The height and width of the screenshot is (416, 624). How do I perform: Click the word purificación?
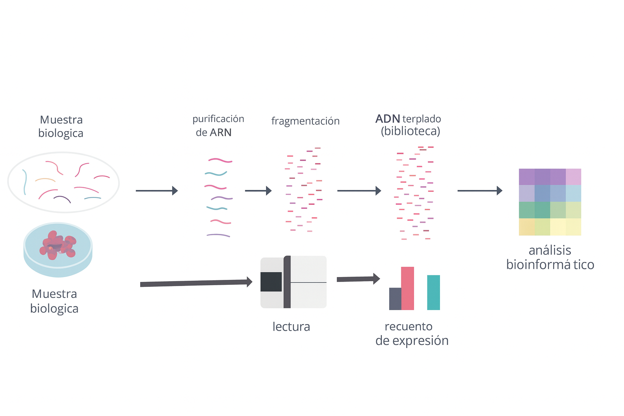pyautogui.click(x=218, y=119)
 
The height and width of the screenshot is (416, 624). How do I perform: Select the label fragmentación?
pyautogui.click(x=305, y=121)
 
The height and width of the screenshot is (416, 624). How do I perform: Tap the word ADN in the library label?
pyautogui.click(x=388, y=119)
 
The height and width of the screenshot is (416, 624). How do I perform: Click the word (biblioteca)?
pyautogui.click(x=410, y=131)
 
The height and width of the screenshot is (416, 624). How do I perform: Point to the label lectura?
pyautogui.click(x=291, y=327)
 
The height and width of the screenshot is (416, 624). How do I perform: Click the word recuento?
pyautogui.click(x=408, y=327)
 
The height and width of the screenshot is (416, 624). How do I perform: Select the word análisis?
pyautogui.click(x=550, y=250)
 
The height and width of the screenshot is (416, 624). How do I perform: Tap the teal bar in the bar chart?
pyautogui.click(x=433, y=292)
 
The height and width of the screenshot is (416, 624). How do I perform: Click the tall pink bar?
pyautogui.click(x=407, y=288)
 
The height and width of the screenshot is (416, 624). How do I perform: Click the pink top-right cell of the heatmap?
pyautogui.click(x=573, y=177)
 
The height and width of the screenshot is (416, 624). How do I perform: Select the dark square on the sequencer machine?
pyautogui.click(x=271, y=282)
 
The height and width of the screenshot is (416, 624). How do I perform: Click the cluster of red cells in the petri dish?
pyautogui.click(x=58, y=245)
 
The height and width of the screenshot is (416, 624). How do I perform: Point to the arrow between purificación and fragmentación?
pyautogui.click(x=258, y=191)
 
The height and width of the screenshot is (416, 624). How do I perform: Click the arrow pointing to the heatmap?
pyautogui.click(x=479, y=191)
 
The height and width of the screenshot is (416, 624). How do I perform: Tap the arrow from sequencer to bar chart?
pyautogui.click(x=358, y=279)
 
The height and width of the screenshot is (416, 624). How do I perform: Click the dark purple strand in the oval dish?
pyautogui.click(x=62, y=199)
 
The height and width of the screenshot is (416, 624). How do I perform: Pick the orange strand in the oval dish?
pyautogui.click(x=45, y=179)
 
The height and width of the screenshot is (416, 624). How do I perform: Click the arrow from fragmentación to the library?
pyautogui.click(x=359, y=191)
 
